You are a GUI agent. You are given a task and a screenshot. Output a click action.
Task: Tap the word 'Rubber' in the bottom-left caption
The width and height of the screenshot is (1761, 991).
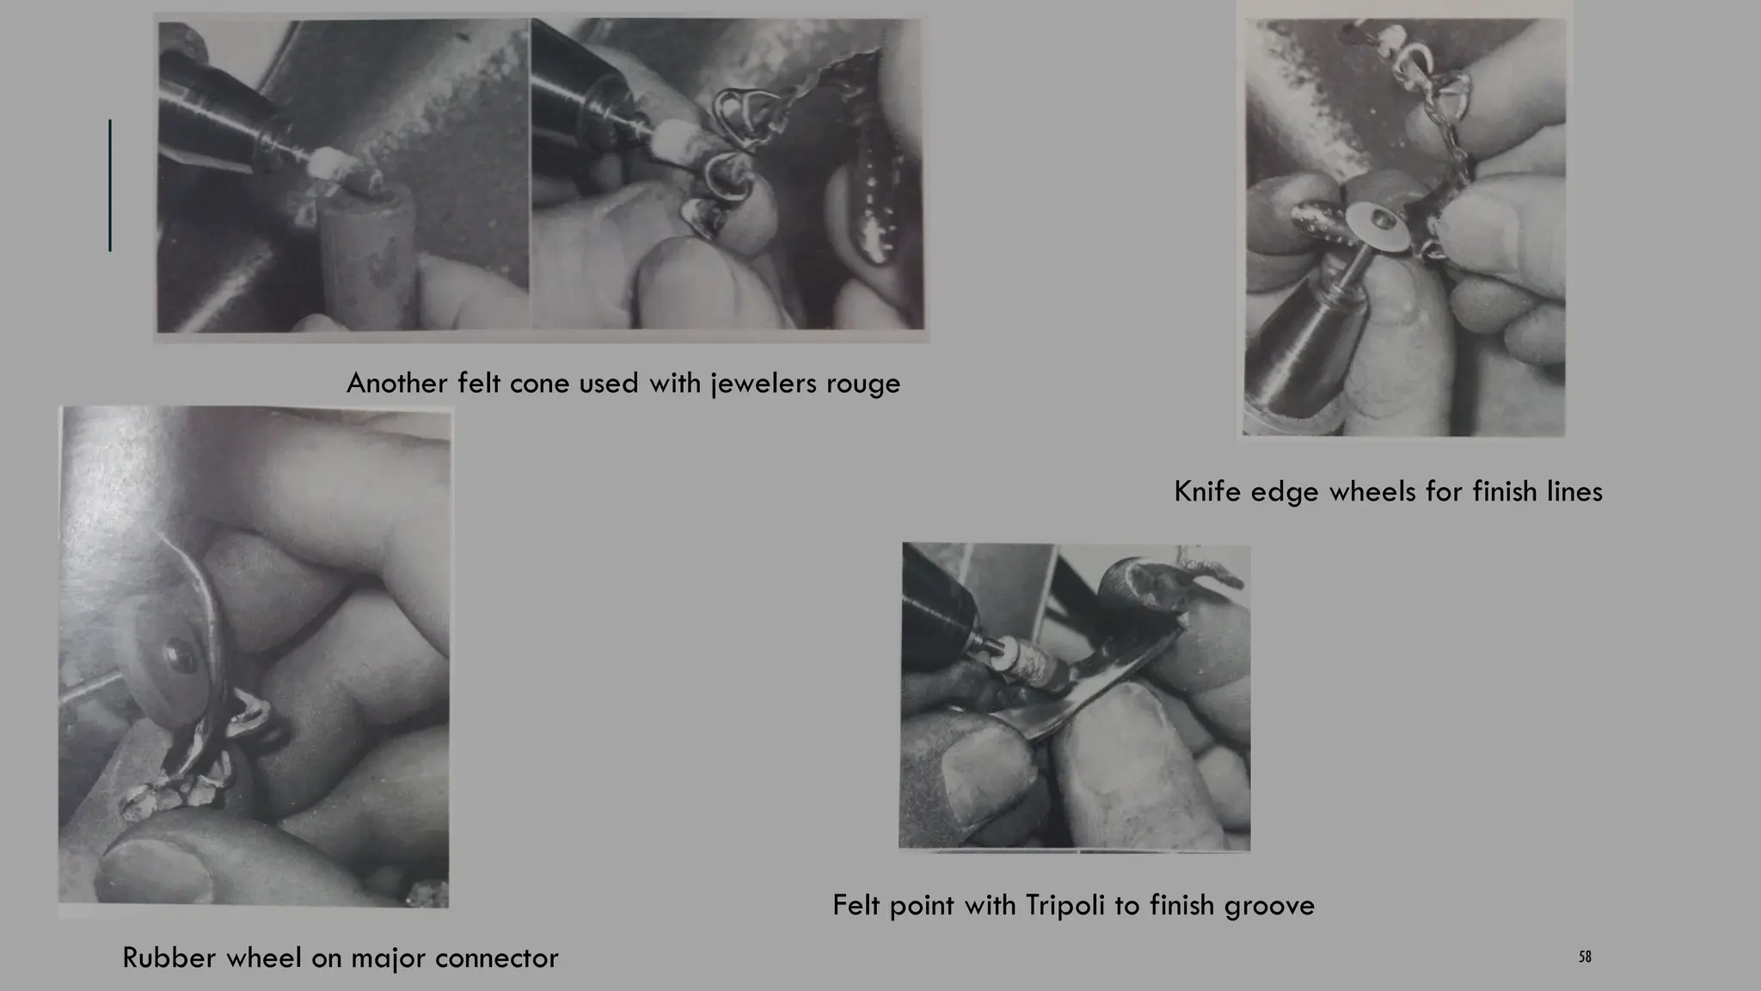click(169, 957)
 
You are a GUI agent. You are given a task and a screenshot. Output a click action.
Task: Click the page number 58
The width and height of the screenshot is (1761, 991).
click(1585, 957)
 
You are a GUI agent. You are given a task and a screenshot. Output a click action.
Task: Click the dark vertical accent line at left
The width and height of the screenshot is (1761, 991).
click(110, 185)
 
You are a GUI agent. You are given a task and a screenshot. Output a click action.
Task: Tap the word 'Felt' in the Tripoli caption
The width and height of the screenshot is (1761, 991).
click(856, 905)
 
